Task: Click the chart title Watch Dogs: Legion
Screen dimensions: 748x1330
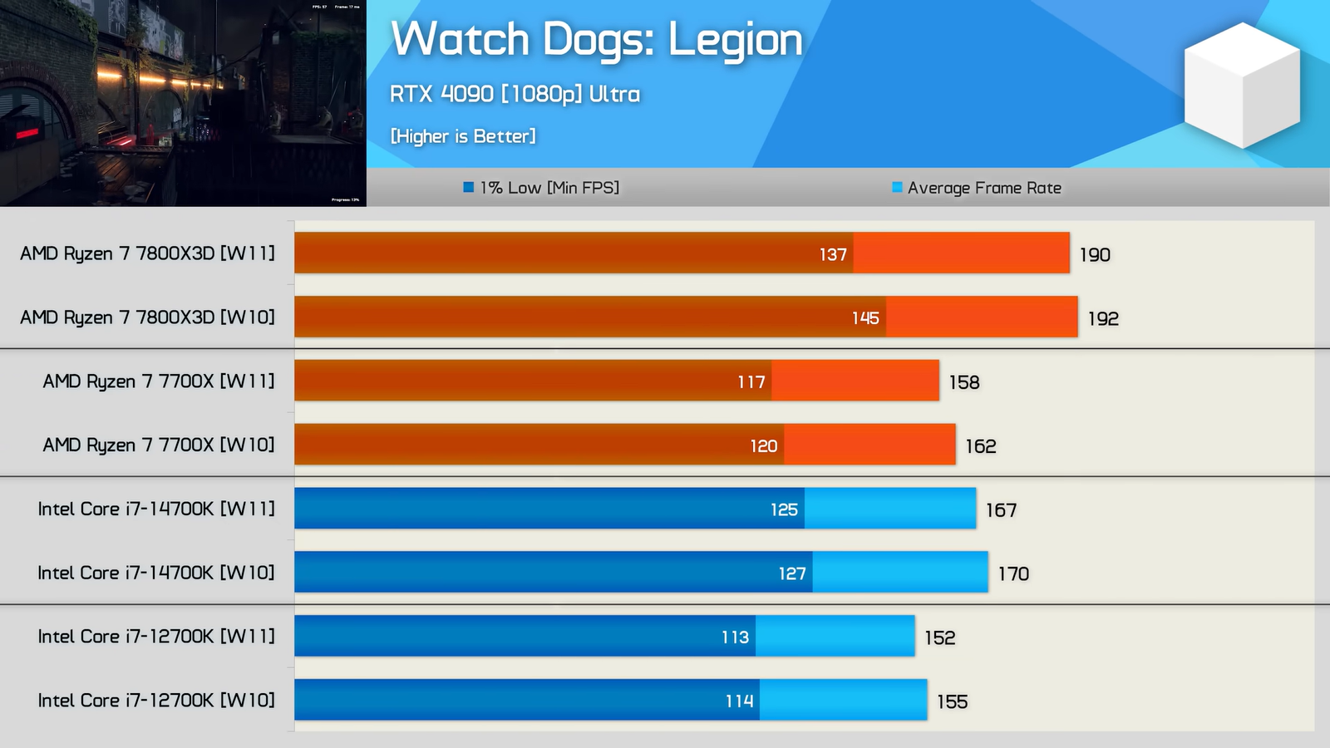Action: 596,40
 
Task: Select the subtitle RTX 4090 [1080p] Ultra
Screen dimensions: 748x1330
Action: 515,94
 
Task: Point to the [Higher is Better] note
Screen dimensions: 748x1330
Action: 463,136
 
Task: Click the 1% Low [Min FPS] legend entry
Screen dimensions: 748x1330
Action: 541,188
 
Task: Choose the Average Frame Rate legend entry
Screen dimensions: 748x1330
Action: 977,188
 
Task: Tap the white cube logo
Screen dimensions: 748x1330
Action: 1241,85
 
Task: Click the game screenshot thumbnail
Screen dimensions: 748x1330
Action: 183,103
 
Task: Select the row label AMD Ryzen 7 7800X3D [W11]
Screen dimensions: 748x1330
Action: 147,253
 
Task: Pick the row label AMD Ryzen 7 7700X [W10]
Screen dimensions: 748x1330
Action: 158,445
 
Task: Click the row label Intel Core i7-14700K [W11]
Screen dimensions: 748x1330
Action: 155,509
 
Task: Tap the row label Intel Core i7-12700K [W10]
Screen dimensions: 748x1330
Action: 155,701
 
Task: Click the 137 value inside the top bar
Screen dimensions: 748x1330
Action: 833,254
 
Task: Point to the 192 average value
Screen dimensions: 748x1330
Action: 1103,318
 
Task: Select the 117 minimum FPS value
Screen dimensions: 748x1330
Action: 751,382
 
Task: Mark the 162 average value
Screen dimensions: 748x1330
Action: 981,446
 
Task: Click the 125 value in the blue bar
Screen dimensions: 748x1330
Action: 784,509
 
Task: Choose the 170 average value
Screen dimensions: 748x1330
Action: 1013,573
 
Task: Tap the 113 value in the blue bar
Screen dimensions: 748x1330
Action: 735,637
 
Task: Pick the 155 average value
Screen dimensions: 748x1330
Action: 952,701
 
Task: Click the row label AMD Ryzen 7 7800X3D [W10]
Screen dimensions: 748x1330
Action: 147,317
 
